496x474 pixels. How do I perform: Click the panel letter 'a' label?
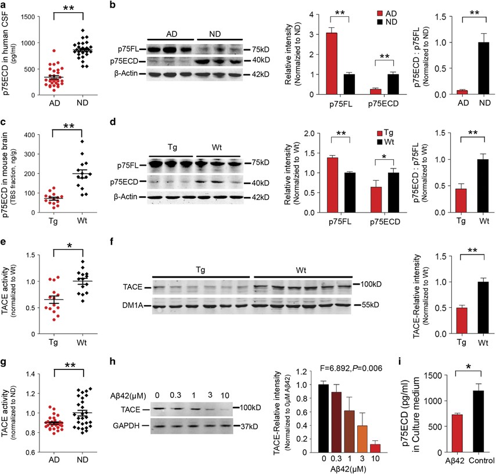tap(5, 5)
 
